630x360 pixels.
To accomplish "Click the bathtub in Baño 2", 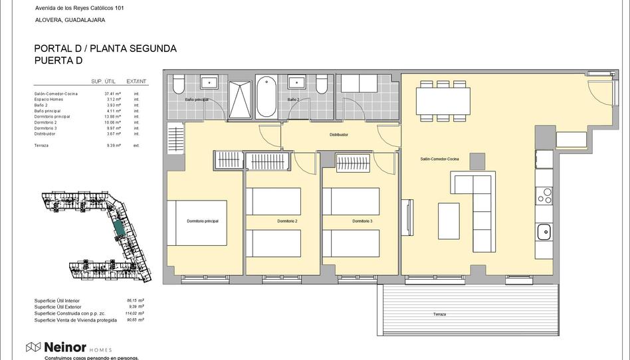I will coord(267,97).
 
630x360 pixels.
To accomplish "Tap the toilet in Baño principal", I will coord(178,85).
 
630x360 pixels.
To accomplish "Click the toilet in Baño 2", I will coord(322,84).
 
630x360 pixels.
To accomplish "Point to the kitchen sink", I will coord(544,232).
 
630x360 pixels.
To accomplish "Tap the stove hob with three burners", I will coord(544,196).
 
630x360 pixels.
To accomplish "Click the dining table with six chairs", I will coord(443,101).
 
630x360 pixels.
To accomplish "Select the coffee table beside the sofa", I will coord(449,221).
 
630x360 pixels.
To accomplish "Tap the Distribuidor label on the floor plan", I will coord(339,135).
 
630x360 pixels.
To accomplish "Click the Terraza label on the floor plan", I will coord(439,314).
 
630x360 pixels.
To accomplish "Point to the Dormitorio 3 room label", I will coord(362,221).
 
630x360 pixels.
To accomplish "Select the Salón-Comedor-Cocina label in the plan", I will coord(439,159).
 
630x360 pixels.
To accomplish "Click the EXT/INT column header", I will coord(136,81).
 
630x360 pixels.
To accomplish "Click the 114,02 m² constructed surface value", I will coord(136,314).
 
